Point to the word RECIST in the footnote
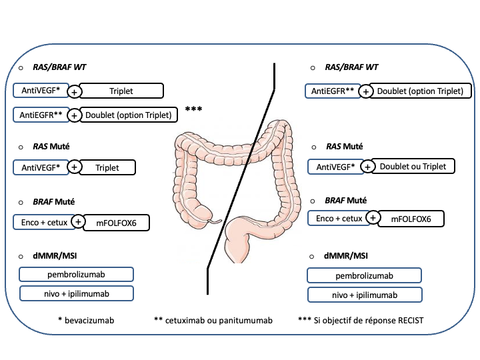pos(407,321)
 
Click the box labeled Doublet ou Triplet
pos(412,166)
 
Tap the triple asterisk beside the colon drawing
pos(194,109)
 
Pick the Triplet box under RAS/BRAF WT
pos(121,91)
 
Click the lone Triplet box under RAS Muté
pos(107,167)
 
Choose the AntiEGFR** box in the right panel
pos(333,91)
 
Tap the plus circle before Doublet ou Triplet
pos(365,167)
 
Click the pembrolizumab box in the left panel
pos(77,274)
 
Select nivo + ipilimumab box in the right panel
pos(365,295)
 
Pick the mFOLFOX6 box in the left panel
pos(116,222)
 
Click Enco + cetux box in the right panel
pos(337,218)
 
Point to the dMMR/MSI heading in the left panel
pos(57,255)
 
